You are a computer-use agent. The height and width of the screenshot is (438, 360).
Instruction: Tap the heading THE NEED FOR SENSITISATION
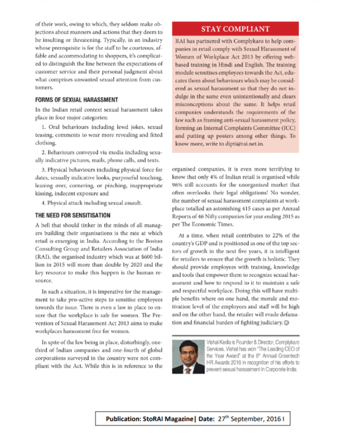(x=73, y=215)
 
